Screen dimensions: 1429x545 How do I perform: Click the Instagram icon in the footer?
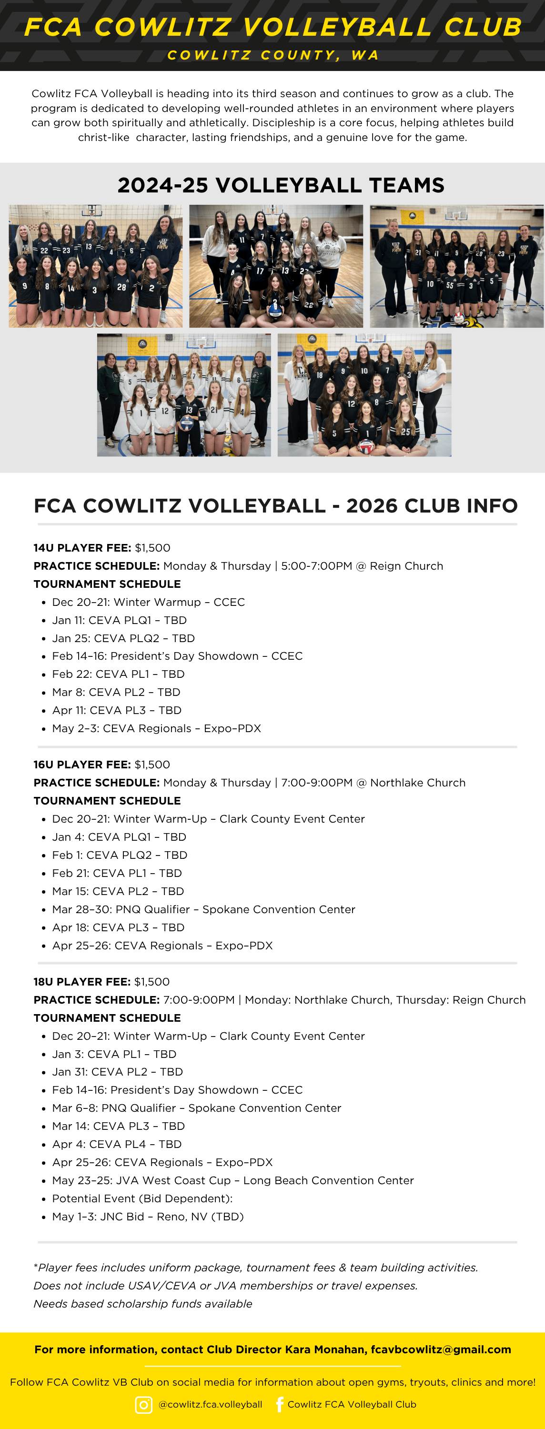[x=144, y=1405]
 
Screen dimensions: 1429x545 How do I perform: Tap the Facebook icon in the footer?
[x=280, y=1404]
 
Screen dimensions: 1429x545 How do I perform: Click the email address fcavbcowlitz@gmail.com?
[x=441, y=1349]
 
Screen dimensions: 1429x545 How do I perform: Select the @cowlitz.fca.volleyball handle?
[x=211, y=1405]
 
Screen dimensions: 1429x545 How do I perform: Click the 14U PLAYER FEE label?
[x=82, y=547]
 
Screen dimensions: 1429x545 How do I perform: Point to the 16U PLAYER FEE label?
[x=82, y=765]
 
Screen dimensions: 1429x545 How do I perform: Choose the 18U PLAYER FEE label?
[x=82, y=981]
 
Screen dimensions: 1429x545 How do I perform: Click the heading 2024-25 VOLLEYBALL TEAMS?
[x=281, y=185]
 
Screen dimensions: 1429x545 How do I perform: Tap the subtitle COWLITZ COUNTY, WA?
[x=273, y=55]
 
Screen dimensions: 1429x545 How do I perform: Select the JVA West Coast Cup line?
[x=232, y=1180]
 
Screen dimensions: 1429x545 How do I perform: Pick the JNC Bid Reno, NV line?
[x=148, y=1217]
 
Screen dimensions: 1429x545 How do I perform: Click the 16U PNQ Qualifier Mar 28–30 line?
[x=203, y=909]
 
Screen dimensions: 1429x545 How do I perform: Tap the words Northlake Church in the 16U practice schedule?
[x=417, y=783]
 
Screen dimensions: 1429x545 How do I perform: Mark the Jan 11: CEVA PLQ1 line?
[x=119, y=620]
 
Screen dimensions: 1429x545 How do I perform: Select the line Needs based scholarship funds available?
[x=142, y=1304]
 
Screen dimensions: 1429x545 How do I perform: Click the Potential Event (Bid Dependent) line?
[x=142, y=1198]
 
